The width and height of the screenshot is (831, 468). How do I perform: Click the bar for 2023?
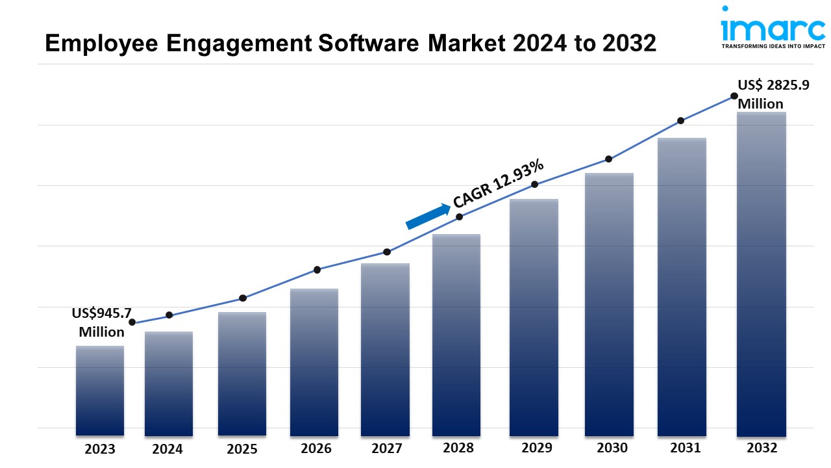click(x=100, y=390)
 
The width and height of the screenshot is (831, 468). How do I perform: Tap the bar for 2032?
click(x=762, y=274)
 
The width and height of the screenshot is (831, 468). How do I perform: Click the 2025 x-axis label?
click(x=242, y=448)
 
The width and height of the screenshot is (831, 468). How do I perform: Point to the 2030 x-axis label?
click(x=612, y=448)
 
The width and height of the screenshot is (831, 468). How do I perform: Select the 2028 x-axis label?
click(x=458, y=448)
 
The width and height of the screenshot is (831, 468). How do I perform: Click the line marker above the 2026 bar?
click(x=317, y=270)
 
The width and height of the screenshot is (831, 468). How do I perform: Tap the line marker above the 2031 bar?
click(x=681, y=121)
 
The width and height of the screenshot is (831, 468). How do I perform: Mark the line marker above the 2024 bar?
click(x=169, y=315)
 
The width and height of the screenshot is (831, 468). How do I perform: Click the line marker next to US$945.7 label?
click(x=132, y=322)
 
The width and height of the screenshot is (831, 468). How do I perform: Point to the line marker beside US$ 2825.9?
click(x=734, y=96)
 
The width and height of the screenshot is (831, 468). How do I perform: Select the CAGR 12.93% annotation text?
click(x=499, y=185)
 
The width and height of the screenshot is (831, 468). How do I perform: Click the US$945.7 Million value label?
click(x=102, y=322)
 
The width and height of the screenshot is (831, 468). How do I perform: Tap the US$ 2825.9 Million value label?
click(x=773, y=94)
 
